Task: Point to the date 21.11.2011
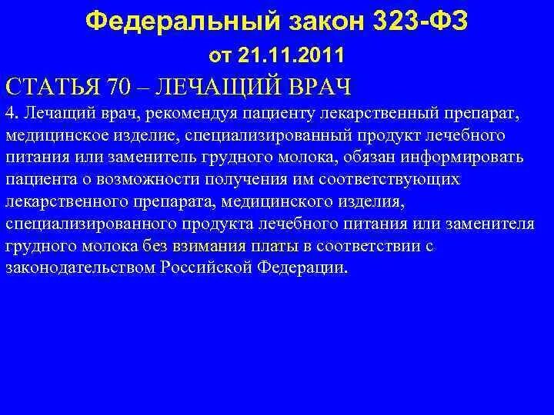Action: pos(297,55)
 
